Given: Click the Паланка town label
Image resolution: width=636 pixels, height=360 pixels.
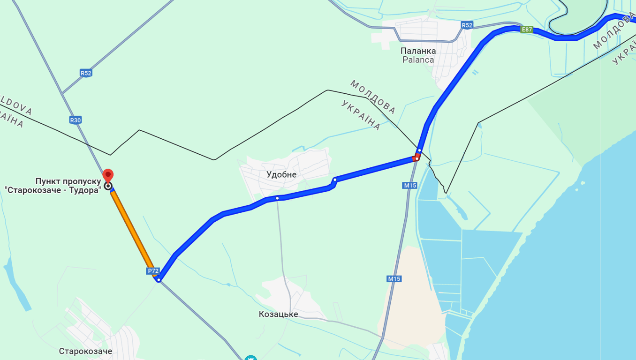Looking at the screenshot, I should (418, 51).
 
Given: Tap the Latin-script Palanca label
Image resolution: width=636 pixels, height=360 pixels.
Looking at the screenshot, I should (418, 60).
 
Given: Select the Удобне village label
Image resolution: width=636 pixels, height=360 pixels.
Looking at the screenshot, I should (281, 175).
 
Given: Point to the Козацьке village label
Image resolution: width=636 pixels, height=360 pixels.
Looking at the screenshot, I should (278, 314).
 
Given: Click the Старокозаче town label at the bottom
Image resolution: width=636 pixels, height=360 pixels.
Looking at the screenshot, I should (85, 351).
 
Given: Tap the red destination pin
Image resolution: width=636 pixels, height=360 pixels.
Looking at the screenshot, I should (108, 175).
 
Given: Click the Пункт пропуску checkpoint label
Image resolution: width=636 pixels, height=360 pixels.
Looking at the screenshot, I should (68, 186).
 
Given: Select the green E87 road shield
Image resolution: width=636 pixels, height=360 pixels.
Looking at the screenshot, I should (527, 30).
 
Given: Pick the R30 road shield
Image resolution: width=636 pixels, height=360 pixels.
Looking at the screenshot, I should (76, 120).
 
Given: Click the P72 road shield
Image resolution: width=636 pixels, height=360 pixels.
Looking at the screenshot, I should (153, 271).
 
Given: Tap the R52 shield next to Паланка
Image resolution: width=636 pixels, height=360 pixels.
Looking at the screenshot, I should (466, 25).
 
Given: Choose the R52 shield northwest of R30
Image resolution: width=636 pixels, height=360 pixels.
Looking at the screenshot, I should (86, 73).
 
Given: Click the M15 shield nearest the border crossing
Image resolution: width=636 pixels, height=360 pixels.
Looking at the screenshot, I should (409, 186).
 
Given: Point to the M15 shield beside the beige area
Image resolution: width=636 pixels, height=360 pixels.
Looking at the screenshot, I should (394, 279).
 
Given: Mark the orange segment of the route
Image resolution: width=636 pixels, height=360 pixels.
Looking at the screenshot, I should (132, 232).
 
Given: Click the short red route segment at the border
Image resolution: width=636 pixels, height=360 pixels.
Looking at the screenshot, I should (416, 158).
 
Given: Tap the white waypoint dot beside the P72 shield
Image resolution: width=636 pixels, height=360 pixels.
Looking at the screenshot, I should (159, 280).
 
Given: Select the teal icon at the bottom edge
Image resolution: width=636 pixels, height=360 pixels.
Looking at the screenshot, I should (251, 358).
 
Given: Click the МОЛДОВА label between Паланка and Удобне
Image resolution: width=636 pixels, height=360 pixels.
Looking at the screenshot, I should (372, 97).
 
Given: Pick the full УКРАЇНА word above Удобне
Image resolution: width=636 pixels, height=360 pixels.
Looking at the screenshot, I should (361, 115).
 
